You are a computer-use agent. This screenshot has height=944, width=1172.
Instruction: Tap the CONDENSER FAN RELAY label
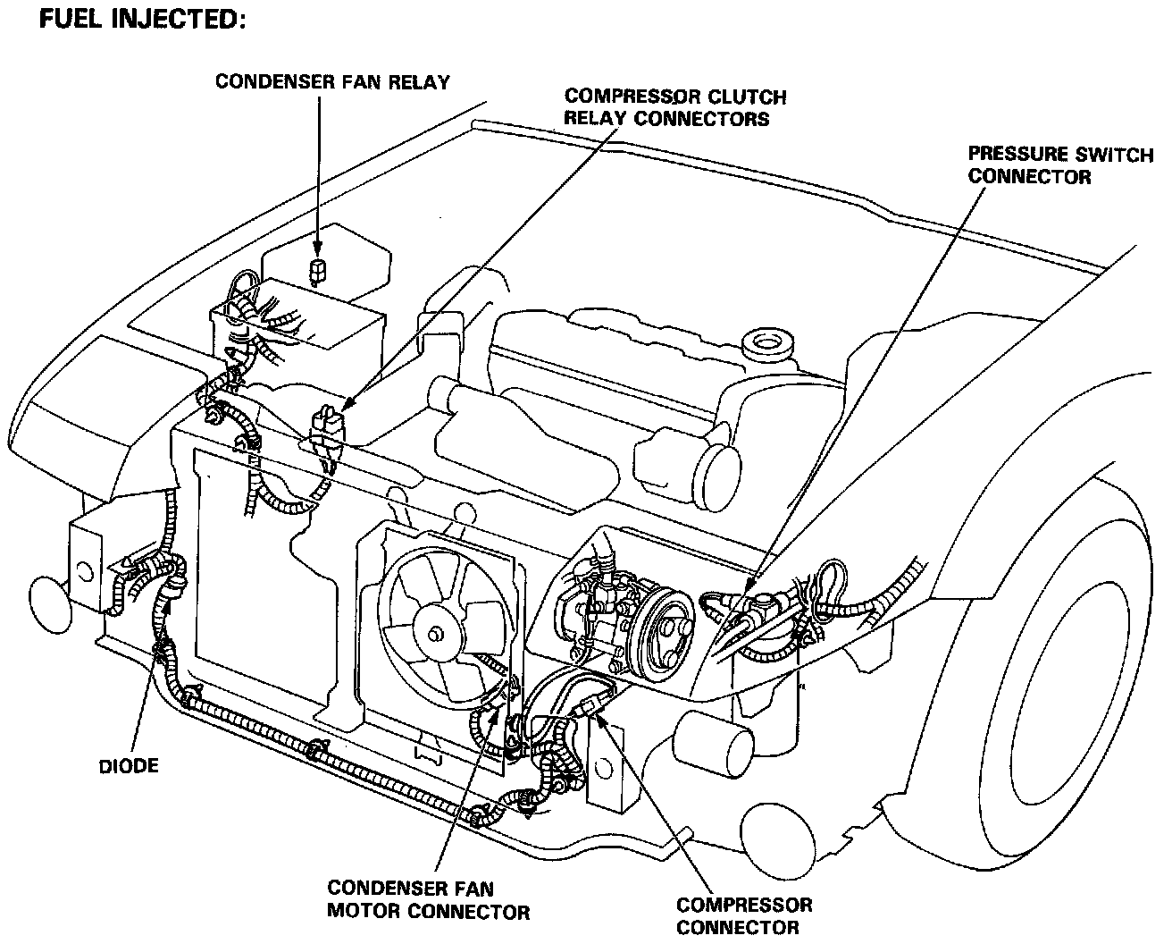coord(332,82)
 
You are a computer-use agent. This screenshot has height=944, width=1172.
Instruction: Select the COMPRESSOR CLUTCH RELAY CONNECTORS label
coord(675,107)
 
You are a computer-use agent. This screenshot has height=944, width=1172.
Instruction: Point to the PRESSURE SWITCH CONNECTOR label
coord(1060,165)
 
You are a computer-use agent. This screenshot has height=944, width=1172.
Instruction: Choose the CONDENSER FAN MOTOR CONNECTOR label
coord(428,900)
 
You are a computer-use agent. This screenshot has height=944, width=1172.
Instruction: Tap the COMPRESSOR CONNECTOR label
coord(744,916)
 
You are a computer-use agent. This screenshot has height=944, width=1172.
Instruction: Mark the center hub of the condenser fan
coord(435,634)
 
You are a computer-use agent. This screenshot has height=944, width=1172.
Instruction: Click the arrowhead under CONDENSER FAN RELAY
coord(317,248)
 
